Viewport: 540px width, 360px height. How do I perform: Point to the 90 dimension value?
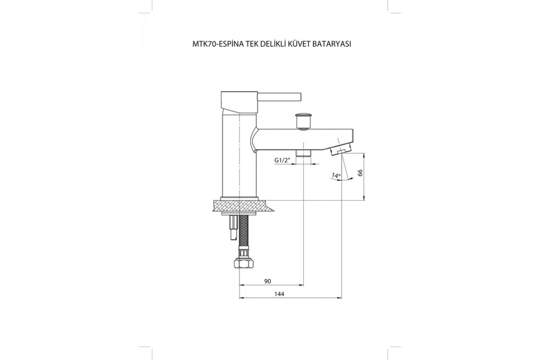[x=268, y=281]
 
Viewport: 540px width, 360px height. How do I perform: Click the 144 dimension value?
[x=279, y=294]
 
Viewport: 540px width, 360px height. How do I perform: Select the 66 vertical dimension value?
[x=360, y=173]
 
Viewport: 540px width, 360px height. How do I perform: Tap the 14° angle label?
[x=336, y=175]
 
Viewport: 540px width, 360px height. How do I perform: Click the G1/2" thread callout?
[x=282, y=160]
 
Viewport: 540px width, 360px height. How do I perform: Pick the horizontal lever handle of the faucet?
[x=279, y=96]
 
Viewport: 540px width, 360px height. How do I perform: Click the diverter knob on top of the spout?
[x=302, y=121]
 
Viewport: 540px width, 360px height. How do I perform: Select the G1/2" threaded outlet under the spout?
[x=303, y=153]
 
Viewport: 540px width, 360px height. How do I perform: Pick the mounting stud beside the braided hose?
[x=234, y=227]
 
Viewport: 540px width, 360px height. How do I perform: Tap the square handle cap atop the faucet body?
[x=239, y=101]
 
